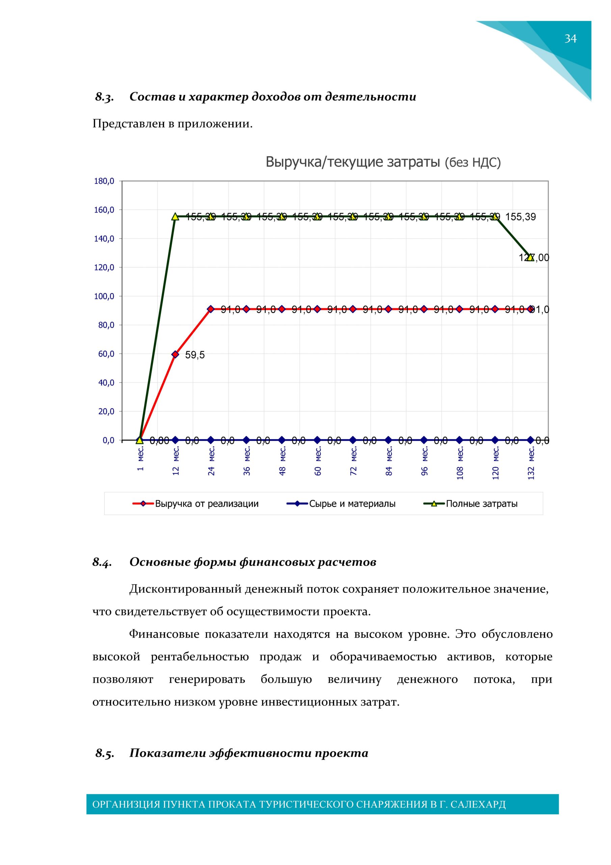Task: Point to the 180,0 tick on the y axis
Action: [104, 181]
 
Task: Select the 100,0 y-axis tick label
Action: [104, 296]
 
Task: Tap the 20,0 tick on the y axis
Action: [106, 412]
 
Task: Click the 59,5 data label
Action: [195, 355]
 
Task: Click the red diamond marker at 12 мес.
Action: [175, 354]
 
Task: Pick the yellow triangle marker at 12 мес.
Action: [175, 217]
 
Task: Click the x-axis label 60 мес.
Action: [318, 461]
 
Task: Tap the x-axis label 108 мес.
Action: [460, 463]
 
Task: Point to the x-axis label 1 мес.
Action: [140, 459]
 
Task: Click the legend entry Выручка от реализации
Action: [207, 504]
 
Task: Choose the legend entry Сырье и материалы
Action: [352, 504]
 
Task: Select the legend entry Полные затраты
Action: [481, 504]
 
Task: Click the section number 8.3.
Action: [104, 97]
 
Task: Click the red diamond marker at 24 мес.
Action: [211, 309]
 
